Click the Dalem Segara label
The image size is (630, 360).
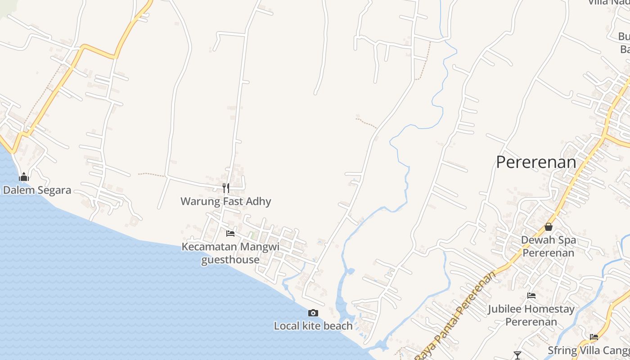point(37,190)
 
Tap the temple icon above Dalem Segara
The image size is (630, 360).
point(24,177)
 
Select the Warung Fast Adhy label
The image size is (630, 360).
point(225,201)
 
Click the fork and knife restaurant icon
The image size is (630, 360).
point(225,188)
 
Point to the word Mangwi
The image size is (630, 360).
point(260,247)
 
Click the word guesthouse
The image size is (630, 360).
point(230,260)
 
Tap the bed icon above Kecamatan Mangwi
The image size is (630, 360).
point(230,233)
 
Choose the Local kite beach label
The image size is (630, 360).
point(313,326)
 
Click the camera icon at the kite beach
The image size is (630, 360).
point(313,313)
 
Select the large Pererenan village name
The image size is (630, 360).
point(536,162)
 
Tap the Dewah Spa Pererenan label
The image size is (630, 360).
point(548,246)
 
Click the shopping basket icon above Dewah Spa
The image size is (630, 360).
point(548,227)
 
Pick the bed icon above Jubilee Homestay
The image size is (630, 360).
point(531,296)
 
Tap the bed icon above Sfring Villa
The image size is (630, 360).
point(594,337)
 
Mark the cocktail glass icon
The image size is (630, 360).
point(517,355)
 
